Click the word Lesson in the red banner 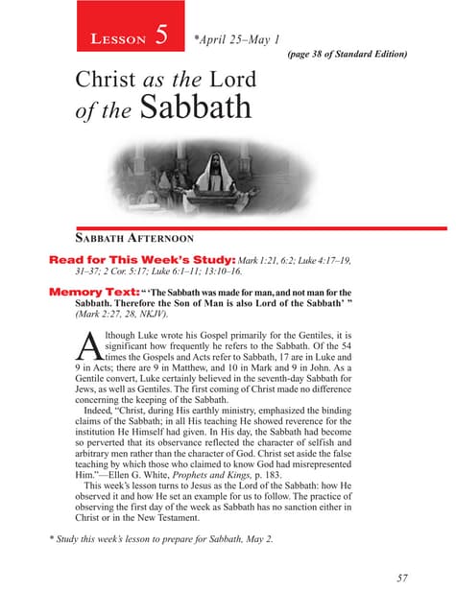(110, 39)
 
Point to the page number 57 (400, 578)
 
